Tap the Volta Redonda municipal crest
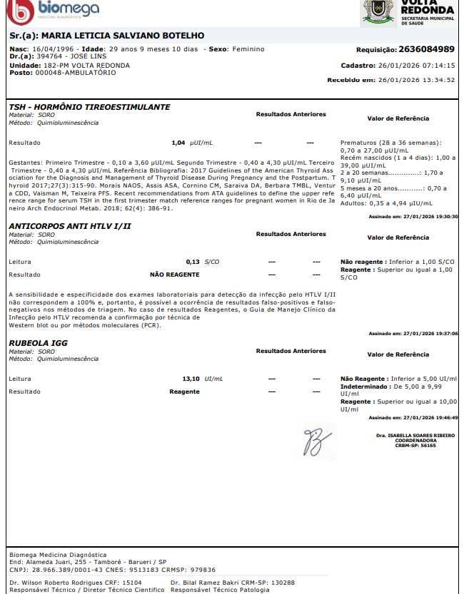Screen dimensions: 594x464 tap(377, 11)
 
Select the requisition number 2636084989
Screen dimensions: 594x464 tap(427, 49)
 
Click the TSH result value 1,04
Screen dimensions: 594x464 tap(178, 143)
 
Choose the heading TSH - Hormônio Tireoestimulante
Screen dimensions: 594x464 tap(89, 107)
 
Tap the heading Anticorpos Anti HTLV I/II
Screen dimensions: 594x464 tap(70, 226)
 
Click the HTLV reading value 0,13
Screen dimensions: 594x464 tap(192, 262)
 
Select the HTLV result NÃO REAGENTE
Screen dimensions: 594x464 tap(174, 274)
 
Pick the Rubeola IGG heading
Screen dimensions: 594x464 tap(38, 343)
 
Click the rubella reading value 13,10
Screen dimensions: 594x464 tap(191, 379)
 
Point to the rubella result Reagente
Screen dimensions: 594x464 tap(184, 391)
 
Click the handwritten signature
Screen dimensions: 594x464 tap(313, 441)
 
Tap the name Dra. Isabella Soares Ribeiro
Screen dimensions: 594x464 tap(415, 435)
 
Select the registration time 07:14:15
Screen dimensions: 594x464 tap(436, 66)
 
